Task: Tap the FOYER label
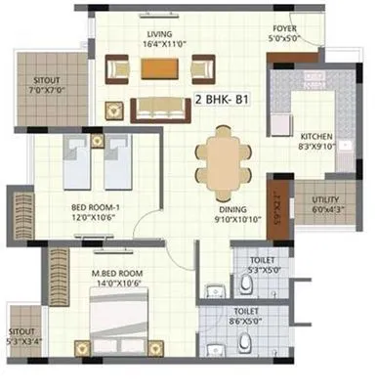(x=286, y=29)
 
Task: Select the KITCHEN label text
(x=317, y=136)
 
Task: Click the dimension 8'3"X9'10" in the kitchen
(x=317, y=147)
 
